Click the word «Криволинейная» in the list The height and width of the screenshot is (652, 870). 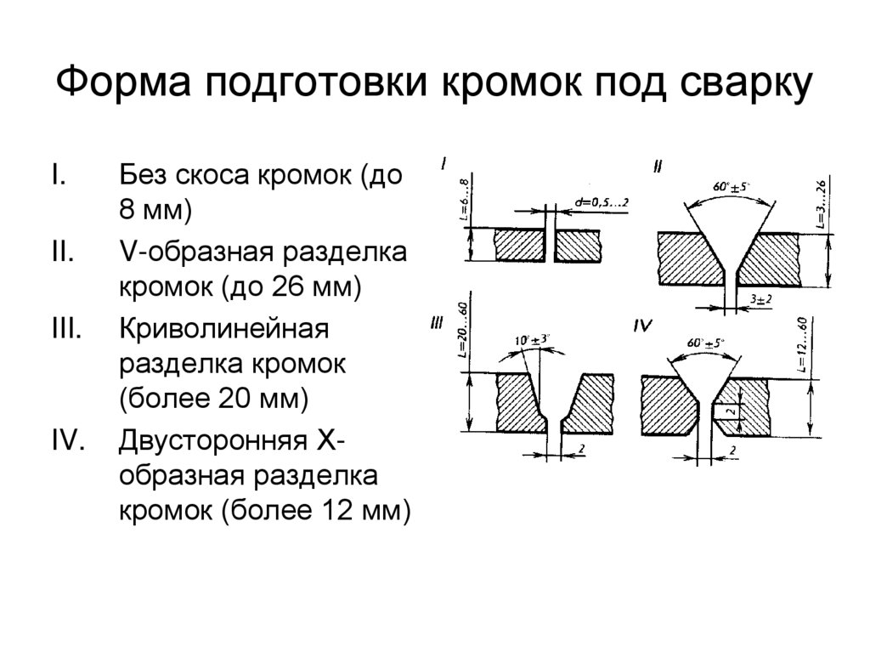pos(223,329)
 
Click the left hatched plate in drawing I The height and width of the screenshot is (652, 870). pos(519,245)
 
